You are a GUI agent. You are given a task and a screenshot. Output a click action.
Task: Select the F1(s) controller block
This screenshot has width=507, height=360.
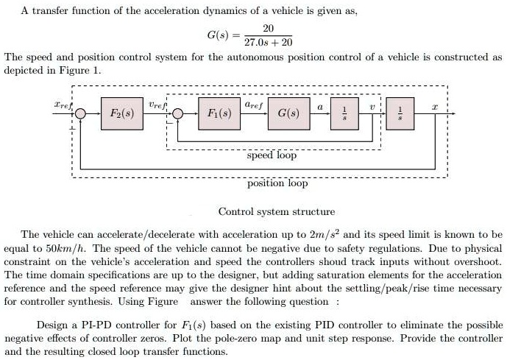[x=219, y=114]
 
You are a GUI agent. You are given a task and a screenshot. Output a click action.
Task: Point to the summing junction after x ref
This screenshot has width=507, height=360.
[x=81, y=115]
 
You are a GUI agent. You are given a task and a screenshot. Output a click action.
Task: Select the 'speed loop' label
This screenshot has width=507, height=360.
[x=272, y=155]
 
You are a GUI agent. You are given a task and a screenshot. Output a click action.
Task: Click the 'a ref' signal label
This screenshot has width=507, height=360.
[x=253, y=107]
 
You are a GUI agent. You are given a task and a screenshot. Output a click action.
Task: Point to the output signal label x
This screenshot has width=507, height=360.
[x=436, y=107]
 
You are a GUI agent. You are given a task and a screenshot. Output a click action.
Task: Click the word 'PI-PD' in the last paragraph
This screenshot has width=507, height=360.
[x=90, y=325]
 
